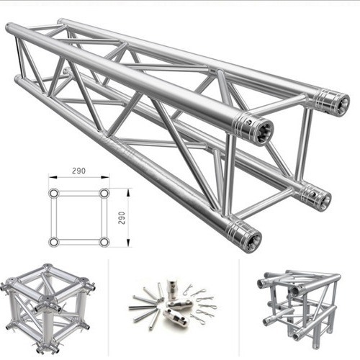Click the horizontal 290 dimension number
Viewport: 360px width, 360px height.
(78, 171)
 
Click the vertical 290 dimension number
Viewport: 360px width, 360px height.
(122, 218)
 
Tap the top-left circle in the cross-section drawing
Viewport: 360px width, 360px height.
(54, 193)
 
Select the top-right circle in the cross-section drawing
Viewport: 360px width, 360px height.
(104, 193)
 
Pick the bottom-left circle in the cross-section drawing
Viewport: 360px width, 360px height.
(54, 242)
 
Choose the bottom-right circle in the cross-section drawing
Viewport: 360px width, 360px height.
(104, 242)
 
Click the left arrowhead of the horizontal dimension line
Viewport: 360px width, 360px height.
(53, 177)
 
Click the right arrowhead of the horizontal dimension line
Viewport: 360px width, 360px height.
(105, 177)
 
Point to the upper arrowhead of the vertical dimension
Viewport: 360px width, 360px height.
(128, 193)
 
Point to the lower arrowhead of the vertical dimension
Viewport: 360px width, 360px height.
(128, 243)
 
